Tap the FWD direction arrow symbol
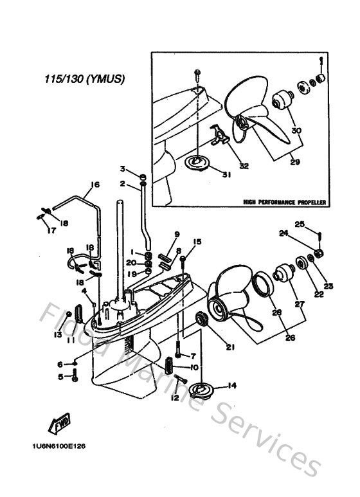coord(61,424)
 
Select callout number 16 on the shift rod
coord(94,185)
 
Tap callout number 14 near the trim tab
coord(232,386)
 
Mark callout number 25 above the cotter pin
coord(300,224)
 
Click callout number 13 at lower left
coord(57,334)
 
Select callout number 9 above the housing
coord(177,234)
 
